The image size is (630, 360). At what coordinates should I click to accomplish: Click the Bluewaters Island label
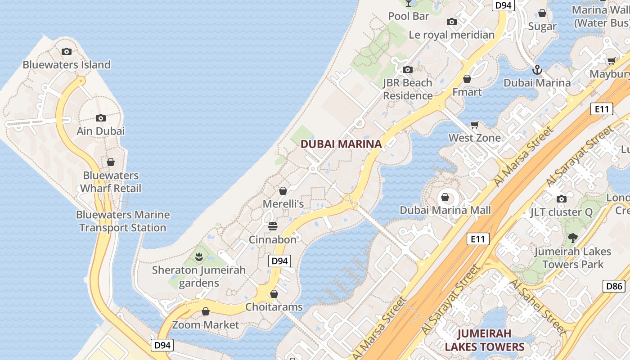(67, 65)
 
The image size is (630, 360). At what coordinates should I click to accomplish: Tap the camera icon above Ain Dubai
(101, 118)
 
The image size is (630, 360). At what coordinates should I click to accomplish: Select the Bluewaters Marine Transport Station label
(123, 221)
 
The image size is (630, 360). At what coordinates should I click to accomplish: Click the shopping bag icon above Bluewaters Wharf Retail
(111, 162)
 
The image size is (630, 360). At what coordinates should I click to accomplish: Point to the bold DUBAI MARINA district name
(341, 144)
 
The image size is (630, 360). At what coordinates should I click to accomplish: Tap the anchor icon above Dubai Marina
(537, 70)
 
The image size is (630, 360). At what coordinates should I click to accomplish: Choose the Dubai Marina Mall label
(445, 210)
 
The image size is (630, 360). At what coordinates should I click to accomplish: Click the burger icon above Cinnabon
(273, 226)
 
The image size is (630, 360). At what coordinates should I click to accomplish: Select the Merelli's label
(283, 204)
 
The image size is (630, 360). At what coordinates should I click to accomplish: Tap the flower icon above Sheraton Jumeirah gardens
(199, 257)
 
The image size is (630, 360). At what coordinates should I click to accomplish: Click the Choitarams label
(274, 307)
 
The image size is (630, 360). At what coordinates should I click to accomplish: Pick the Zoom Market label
(206, 324)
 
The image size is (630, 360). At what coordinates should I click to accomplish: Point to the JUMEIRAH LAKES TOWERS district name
(485, 340)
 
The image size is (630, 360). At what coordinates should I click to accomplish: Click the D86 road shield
(614, 286)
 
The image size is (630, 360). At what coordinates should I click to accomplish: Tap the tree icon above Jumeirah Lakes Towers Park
(572, 238)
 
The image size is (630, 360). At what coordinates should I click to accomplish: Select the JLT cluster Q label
(561, 212)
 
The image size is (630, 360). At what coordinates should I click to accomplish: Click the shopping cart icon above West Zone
(474, 125)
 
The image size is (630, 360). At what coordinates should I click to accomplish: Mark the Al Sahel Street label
(538, 307)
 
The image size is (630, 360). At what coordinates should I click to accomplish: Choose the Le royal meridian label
(451, 35)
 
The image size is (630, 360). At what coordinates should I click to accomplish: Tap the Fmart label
(467, 92)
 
